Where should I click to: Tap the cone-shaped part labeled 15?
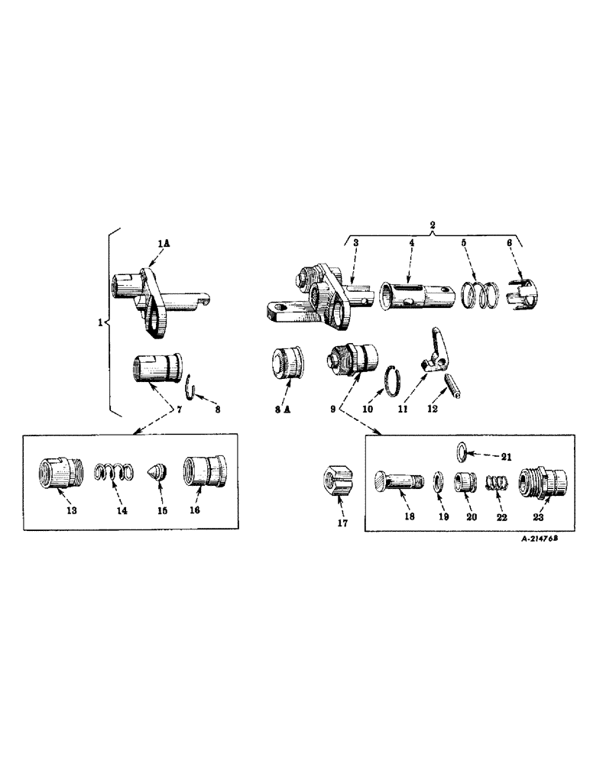(x=157, y=471)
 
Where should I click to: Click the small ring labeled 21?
(x=461, y=449)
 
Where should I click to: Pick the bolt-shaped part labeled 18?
(x=397, y=485)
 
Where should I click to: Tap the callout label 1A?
(x=163, y=242)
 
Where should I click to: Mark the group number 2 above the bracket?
(x=433, y=227)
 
